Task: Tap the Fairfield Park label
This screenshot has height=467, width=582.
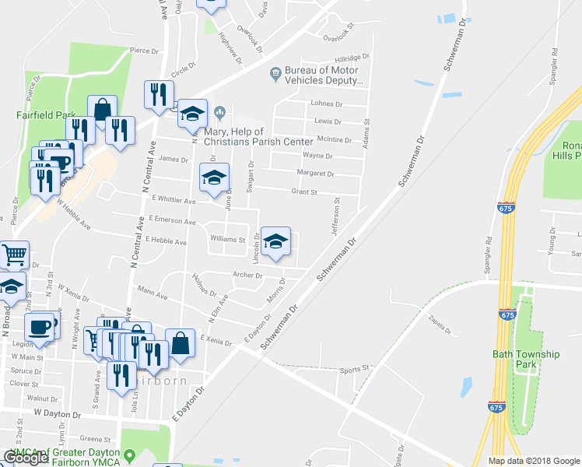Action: coord(46,115)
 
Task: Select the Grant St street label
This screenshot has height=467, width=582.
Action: coord(304,191)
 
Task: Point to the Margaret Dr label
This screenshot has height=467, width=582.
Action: coord(315,174)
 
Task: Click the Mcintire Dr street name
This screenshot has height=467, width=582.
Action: coord(336,139)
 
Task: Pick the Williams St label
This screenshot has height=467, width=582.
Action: coord(228,240)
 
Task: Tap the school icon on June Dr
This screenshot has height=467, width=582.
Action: coord(215,177)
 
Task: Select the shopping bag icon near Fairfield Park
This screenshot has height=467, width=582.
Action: coord(102,110)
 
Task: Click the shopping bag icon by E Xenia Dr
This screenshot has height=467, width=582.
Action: coord(180,342)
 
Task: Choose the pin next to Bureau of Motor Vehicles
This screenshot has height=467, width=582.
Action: coord(275,75)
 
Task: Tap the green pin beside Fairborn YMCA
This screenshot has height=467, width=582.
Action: coord(130,454)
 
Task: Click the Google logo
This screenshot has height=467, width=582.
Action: coord(26,458)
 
